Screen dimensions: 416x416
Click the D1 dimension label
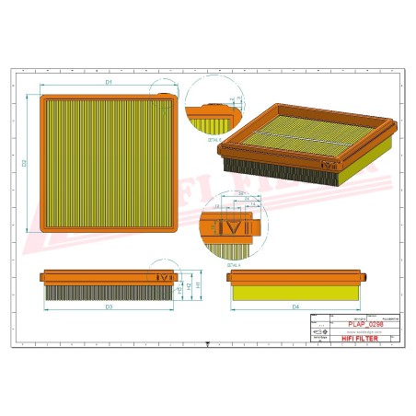[109, 84]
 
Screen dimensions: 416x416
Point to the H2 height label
[188, 286]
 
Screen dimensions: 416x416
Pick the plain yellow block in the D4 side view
[295, 291]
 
